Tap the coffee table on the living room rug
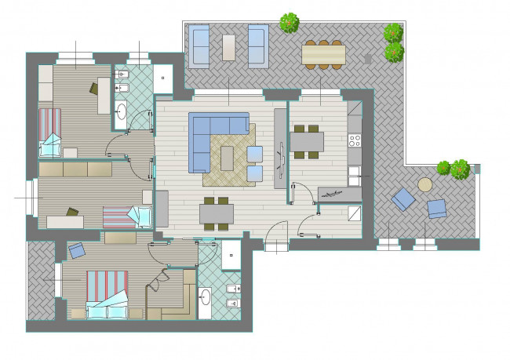point(228,158)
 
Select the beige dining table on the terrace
point(323,53)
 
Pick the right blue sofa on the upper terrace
point(257,44)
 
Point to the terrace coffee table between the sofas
point(229,46)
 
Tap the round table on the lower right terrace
point(425,185)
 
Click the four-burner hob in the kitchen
point(355,141)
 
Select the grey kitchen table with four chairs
point(306,141)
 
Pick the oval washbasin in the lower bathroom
point(206,297)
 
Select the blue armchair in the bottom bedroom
point(77,251)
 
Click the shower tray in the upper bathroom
point(162,79)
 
